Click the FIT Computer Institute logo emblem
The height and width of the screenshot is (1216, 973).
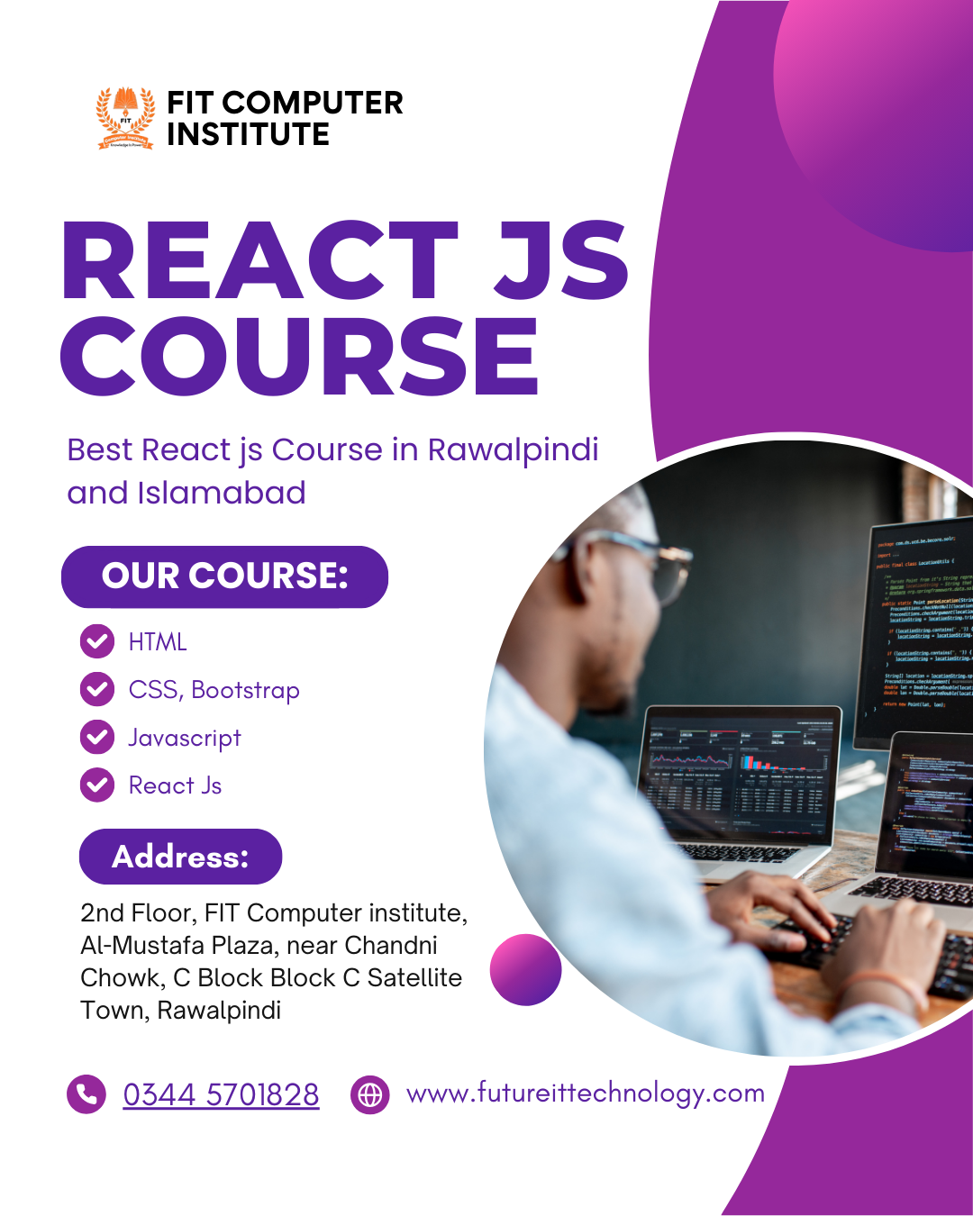[x=125, y=118]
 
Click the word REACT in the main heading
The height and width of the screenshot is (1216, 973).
[x=260, y=260]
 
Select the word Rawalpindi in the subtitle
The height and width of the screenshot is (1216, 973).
[x=513, y=449]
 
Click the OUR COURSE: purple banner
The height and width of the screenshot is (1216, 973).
[x=224, y=576]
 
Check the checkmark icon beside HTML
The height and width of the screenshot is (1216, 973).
[x=97, y=641]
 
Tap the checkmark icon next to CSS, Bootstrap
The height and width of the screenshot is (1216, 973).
[x=97, y=690]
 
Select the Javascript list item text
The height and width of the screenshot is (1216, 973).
[x=185, y=738]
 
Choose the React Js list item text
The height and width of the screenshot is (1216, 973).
[x=175, y=785]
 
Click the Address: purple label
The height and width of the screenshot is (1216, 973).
[x=180, y=857]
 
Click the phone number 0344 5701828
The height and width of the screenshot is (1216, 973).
[x=221, y=1094]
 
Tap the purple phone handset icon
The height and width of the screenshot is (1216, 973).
[x=86, y=1094]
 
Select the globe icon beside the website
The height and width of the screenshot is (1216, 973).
[x=369, y=1094]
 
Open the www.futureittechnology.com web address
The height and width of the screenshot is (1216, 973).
[x=586, y=1093]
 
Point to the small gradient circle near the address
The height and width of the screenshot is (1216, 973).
[x=525, y=969]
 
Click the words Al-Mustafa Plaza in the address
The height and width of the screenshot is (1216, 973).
[x=169, y=946]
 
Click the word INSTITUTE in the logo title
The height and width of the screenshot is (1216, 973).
[x=248, y=135]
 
